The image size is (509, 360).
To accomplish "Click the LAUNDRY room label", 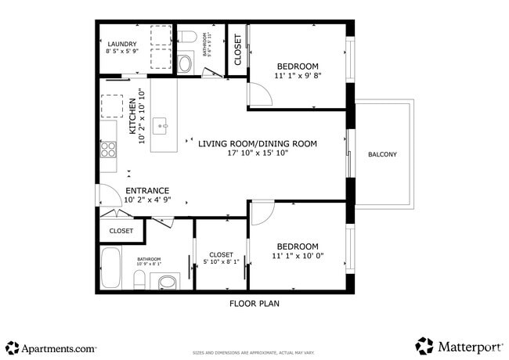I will (x=121, y=44).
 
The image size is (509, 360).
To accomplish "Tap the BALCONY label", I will (x=382, y=154).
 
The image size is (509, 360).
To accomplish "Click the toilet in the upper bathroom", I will (x=185, y=38).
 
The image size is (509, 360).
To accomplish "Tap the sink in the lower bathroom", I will (x=168, y=282).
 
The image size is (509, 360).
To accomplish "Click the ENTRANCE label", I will (x=146, y=190).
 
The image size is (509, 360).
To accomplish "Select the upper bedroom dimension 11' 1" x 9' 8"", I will (x=298, y=76).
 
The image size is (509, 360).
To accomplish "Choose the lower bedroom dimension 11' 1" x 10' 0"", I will (x=298, y=256).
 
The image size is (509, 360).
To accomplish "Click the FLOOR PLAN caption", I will (x=254, y=304).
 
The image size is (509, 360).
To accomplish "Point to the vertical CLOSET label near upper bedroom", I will (x=237, y=49).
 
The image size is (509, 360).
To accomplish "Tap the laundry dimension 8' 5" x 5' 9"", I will (x=121, y=52).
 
